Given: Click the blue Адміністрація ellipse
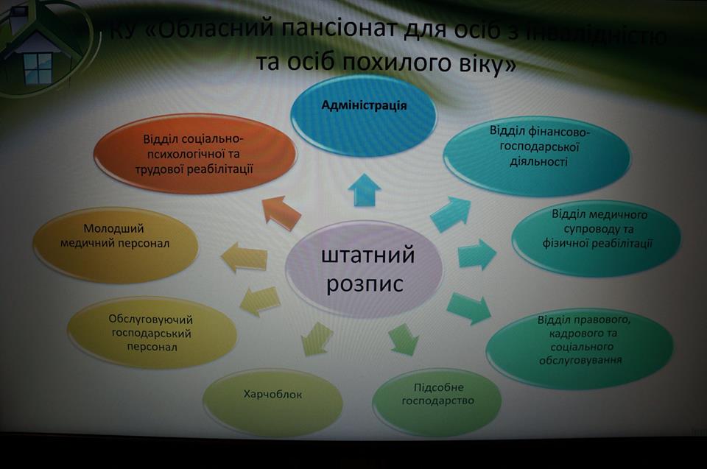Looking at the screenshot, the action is pos(363,116).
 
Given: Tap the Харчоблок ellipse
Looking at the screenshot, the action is pos(272,402).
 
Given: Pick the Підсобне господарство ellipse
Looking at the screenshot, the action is pos(437,401).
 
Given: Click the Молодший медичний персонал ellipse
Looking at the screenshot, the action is pos(116,245).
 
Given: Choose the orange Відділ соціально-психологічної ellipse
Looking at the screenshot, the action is pos(194,154).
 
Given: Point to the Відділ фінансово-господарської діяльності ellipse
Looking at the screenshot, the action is pos(537,156).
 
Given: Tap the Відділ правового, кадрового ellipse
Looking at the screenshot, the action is pos(580,348).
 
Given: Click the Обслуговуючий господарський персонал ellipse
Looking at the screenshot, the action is pos(152,333).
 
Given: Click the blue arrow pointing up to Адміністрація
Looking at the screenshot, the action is pos(365,189).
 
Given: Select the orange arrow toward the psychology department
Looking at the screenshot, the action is pos(281,211).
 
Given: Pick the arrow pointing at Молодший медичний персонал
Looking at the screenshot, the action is pos(244,258).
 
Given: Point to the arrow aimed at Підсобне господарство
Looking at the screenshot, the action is pos(402,339).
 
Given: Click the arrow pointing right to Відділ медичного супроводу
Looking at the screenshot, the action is pos(477,255).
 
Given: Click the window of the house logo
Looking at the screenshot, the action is pos(38,68).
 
